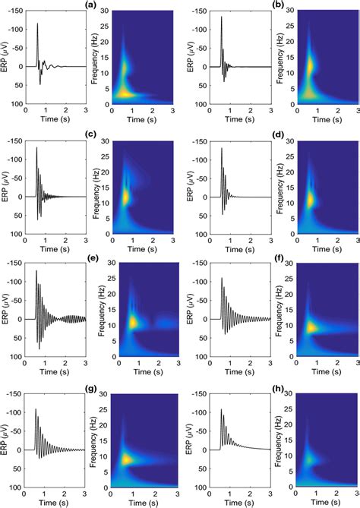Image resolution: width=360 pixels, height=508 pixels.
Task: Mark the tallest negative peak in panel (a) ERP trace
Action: (x=37, y=24)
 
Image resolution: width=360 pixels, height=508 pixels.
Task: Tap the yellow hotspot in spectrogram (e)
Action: (x=134, y=323)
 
